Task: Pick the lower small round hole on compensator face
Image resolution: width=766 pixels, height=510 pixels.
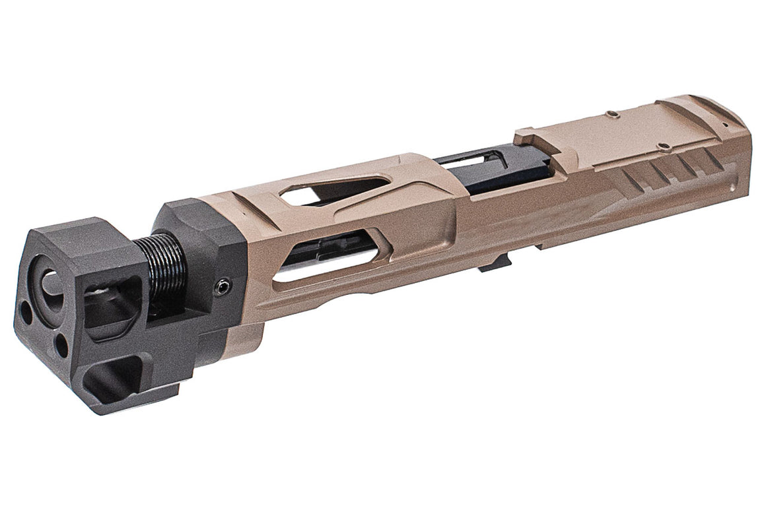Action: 61,341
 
